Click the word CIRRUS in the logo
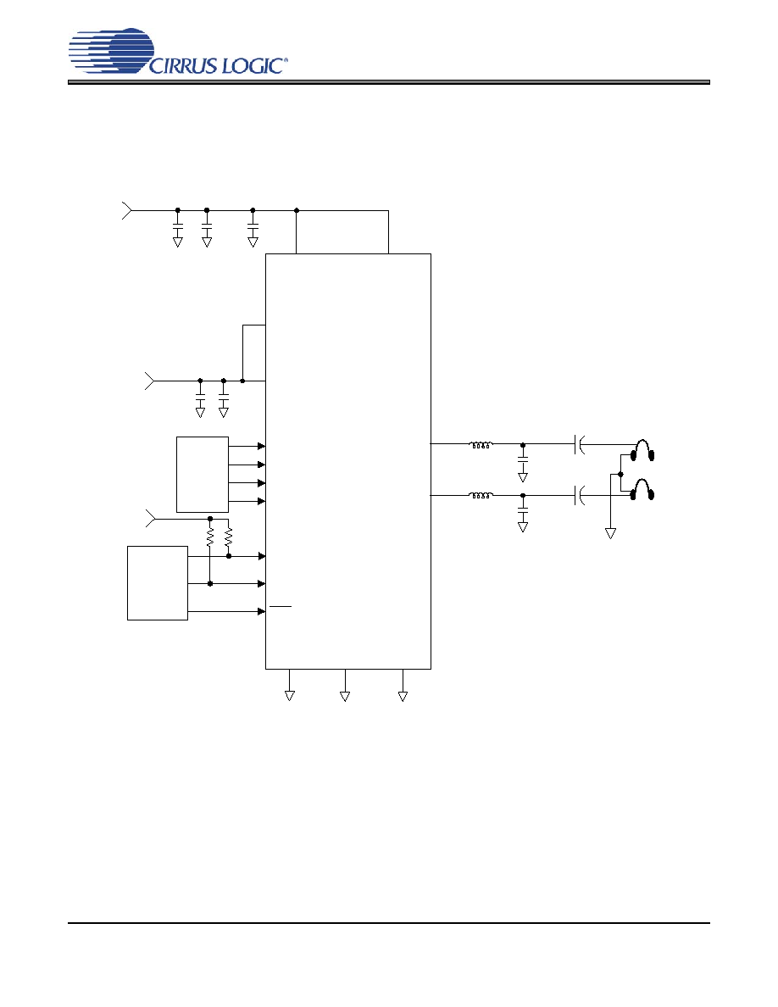[184, 65]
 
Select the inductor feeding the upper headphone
[481, 444]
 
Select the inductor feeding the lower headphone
[481, 495]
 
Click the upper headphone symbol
[642, 450]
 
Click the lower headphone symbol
[642, 489]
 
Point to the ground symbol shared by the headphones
[610, 533]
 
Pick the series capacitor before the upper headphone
[580, 444]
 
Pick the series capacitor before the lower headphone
[580, 495]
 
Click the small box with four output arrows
[203, 475]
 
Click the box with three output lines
[158, 583]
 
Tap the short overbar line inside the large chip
[281, 605]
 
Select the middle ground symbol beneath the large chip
[345, 696]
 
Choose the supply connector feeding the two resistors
[150, 518]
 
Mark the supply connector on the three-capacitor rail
[127, 210]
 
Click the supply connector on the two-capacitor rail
[149, 381]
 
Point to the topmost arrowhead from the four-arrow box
[261, 446]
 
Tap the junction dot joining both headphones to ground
[620, 475]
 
